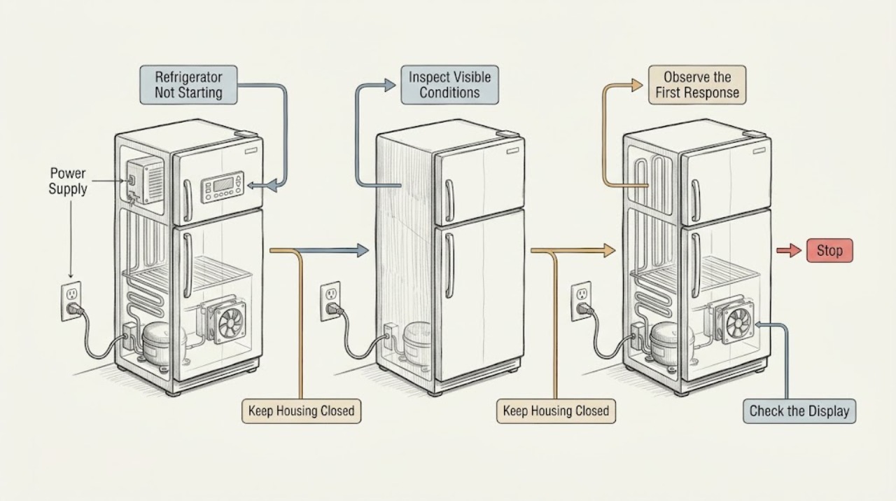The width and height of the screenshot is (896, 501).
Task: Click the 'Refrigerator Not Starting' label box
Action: click(188, 85)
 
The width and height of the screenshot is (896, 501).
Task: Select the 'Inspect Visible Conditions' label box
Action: click(449, 85)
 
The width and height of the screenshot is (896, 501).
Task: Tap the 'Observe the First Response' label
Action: click(697, 85)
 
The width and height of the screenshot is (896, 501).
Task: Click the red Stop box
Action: click(829, 251)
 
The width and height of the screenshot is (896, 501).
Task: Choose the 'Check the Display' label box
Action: click(799, 411)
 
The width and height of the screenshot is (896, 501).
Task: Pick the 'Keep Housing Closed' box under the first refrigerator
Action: click(301, 411)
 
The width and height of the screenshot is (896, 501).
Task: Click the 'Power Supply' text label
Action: click(68, 181)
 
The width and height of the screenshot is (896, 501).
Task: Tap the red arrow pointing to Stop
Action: click(789, 251)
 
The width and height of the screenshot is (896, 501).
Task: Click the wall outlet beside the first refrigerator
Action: click(71, 301)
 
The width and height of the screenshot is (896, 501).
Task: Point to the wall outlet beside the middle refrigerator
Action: click(330, 301)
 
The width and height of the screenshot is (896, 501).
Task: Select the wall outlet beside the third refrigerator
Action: click(581, 301)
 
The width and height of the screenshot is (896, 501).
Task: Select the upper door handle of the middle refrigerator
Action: click(449, 200)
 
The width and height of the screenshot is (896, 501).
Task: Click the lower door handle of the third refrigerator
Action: click(696, 265)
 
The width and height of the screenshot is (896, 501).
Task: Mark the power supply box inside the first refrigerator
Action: click(145, 181)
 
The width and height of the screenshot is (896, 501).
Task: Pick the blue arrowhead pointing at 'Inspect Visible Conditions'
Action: click(390, 85)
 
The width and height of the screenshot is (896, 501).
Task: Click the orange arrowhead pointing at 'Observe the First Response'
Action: click(637, 85)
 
